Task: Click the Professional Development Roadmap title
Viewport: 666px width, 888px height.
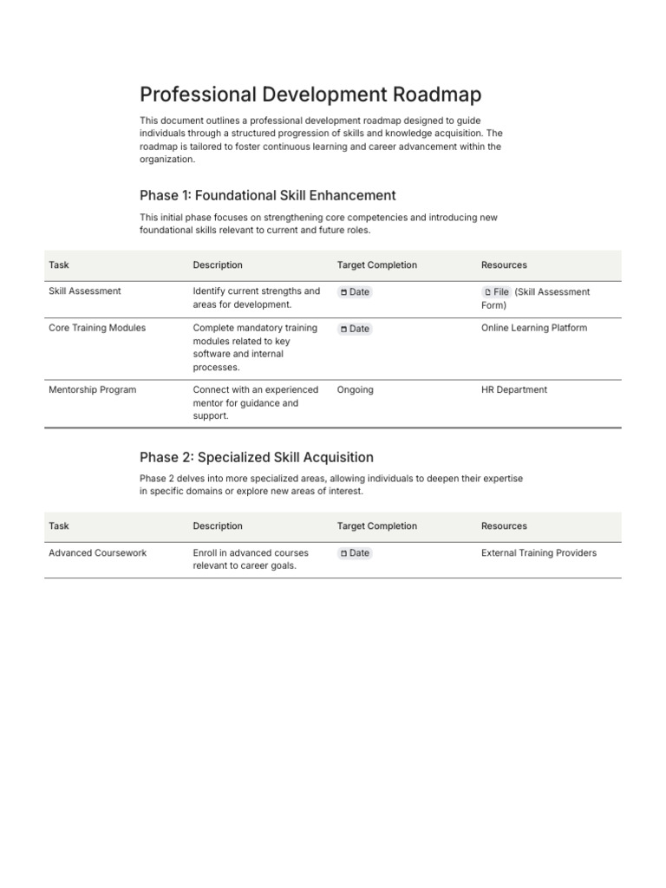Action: pyautogui.click(x=310, y=95)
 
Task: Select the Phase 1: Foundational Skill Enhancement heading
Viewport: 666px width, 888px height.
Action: pyautogui.click(x=267, y=195)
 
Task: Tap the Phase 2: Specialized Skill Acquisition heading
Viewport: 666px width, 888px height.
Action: pyautogui.click(x=256, y=457)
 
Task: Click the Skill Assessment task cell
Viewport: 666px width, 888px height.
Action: pyautogui.click(x=85, y=291)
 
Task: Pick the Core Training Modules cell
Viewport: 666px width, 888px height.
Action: pyautogui.click(x=97, y=328)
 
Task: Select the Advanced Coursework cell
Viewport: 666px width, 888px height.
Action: pyautogui.click(x=97, y=553)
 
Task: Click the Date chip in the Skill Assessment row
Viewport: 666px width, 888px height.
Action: pyautogui.click(x=355, y=292)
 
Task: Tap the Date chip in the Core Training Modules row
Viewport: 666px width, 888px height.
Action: pyautogui.click(x=355, y=329)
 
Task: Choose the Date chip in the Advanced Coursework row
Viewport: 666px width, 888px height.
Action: pyautogui.click(x=355, y=553)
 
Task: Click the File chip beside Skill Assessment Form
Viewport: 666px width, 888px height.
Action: pyautogui.click(x=497, y=292)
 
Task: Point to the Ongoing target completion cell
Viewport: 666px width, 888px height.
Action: pyautogui.click(x=356, y=390)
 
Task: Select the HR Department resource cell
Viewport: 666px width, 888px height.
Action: pyautogui.click(x=514, y=390)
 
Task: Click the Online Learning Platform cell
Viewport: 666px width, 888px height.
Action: pyautogui.click(x=534, y=328)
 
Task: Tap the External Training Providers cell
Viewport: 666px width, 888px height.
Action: pyautogui.click(x=539, y=553)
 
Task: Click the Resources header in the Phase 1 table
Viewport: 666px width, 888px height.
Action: pyautogui.click(x=504, y=265)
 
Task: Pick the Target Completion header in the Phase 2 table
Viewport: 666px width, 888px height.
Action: pyautogui.click(x=376, y=526)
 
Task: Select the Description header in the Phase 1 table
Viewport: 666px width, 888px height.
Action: pyautogui.click(x=218, y=265)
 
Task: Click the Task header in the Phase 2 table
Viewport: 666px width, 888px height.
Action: pyautogui.click(x=59, y=526)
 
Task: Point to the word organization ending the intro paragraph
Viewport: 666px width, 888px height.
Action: pyautogui.click(x=166, y=160)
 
